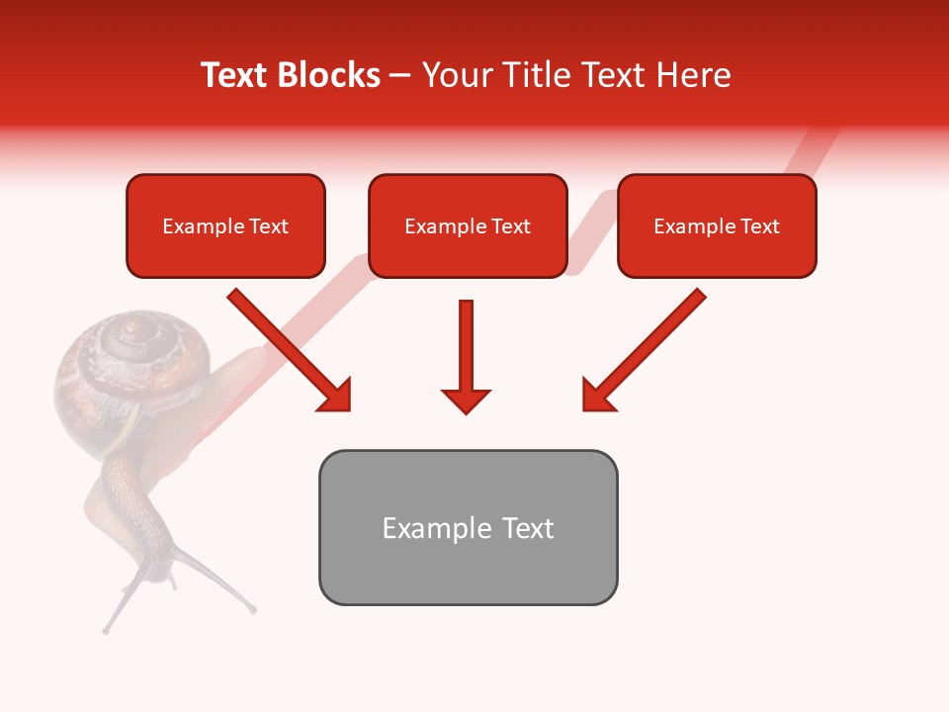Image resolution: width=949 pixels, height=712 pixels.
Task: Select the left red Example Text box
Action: pyautogui.click(x=225, y=226)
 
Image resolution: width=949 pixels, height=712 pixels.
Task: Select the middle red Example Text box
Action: pyautogui.click(x=468, y=226)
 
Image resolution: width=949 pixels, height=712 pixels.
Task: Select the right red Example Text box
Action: pyautogui.click(x=717, y=226)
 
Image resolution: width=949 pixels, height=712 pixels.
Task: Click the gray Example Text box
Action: pyautogui.click(x=468, y=527)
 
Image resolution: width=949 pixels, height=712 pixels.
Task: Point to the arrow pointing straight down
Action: pyautogui.click(x=466, y=356)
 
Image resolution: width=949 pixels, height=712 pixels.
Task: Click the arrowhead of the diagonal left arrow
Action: pyautogui.click(x=336, y=396)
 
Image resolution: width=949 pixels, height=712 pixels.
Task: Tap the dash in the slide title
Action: pyautogui.click(x=400, y=76)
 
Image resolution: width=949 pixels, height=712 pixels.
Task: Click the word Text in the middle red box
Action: pyautogui.click(x=510, y=226)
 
